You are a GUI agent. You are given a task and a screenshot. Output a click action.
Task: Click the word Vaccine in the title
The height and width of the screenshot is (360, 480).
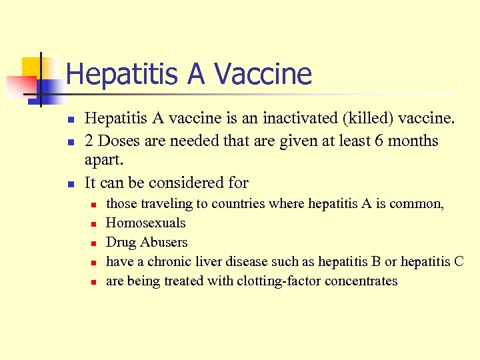(271, 74)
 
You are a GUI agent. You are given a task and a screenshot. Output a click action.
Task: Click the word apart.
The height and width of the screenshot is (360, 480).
(105, 161)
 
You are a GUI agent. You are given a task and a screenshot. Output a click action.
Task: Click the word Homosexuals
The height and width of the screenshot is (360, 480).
(146, 223)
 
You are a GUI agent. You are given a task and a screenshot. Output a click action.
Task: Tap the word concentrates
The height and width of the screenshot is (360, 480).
(361, 281)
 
